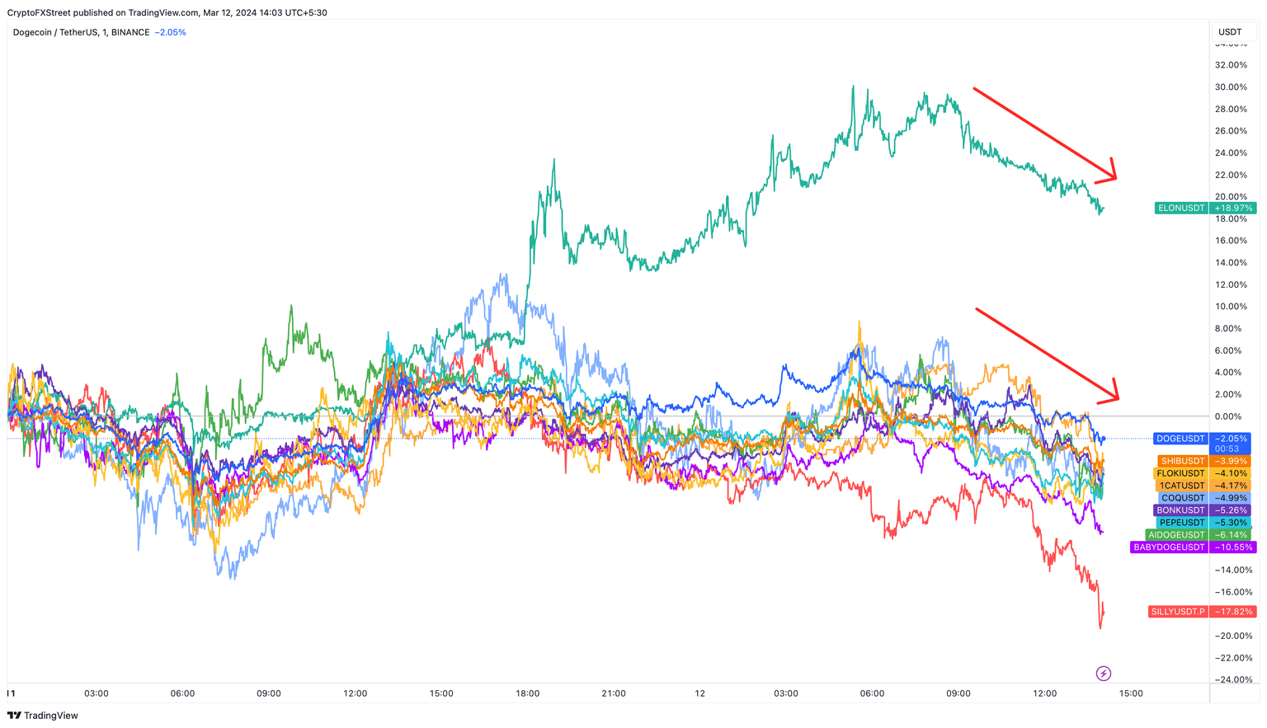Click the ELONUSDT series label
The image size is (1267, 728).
tap(1181, 208)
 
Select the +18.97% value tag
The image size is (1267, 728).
tap(1233, 208)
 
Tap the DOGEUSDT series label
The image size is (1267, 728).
tap(1180, 439)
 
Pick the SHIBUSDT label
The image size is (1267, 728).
tap(1183, 461)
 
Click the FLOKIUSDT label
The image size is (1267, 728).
tap(1180, 473)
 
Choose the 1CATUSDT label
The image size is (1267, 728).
tap(1182, 486)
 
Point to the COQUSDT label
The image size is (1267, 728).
tap(1183, 498)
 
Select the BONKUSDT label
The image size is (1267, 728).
tap(1180, 510)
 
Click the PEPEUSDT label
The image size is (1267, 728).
tap(1182, 523)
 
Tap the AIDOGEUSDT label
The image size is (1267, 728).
tap(1177, 535)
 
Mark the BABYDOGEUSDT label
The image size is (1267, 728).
tap(1169, 547)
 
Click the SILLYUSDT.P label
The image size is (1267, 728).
tap(1177, 612)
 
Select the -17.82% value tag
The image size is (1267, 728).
tap(1233, 612)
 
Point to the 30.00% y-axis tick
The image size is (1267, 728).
tap(1231, 87)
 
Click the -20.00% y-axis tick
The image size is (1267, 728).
tap(1231, 636)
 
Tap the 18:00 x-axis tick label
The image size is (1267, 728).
tap(527, 693)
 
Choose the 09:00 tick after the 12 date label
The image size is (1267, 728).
tap(958, 693)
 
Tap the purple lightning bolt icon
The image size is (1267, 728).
tap(1103, 674)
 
